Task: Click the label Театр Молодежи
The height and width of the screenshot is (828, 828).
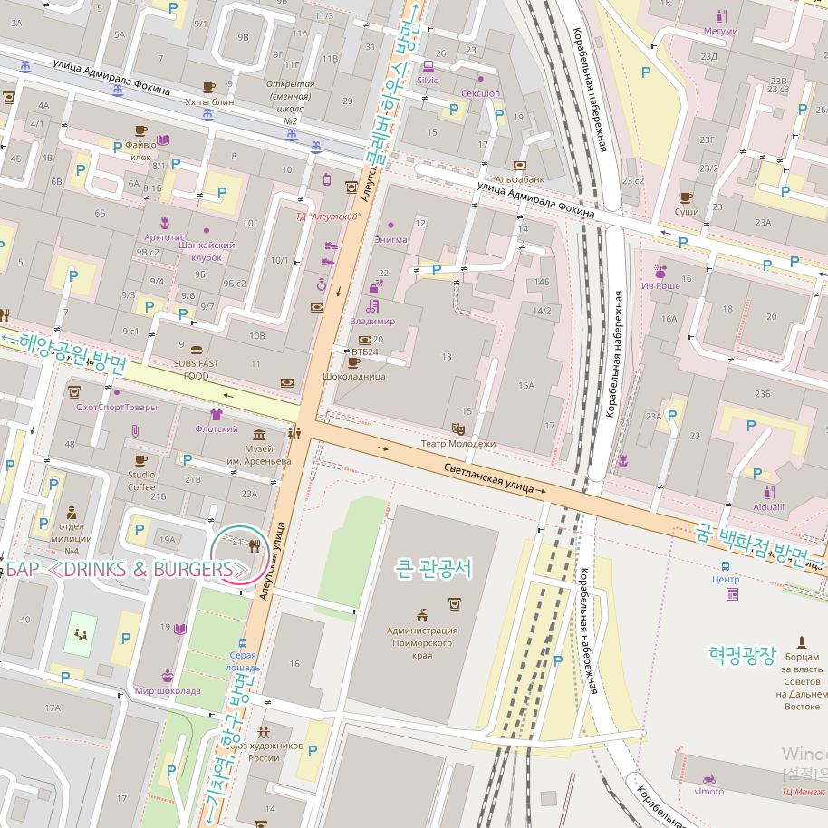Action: (x=458, y=444)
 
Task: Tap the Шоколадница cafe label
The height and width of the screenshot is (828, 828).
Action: (x=354, y=376)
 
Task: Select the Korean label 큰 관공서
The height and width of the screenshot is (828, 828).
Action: (x=434, y=569)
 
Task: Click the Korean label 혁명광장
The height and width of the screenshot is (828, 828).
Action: (x=742, y=655)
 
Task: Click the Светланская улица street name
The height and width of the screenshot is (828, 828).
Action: (x=489, y=477)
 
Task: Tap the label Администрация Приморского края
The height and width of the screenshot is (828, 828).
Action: (x=422, y=642)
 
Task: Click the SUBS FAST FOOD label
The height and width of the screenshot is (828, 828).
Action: (x=197, y=370)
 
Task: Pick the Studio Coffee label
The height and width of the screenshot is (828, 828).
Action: (x=140, y=480)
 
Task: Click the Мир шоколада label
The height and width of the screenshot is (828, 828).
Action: (x=168, y=690)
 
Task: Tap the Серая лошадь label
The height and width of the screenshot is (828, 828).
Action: (x=243, y=661)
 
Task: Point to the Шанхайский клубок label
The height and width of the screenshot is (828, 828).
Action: (x=207, y=251)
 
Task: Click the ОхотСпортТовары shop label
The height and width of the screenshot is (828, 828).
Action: (x=116, y=407)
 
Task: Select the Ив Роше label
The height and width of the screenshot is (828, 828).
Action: (x=660, y=285)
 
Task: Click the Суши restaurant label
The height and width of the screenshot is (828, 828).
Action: (x=687, y=211)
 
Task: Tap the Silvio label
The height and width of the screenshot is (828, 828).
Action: (x=428, y=80)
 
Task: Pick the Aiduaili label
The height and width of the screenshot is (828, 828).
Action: (x=769, y=507)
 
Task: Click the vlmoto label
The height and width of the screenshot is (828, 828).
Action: (x=709, y=791)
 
